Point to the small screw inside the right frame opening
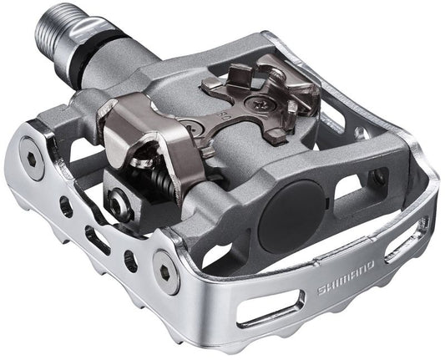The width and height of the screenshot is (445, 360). point(379,177)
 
